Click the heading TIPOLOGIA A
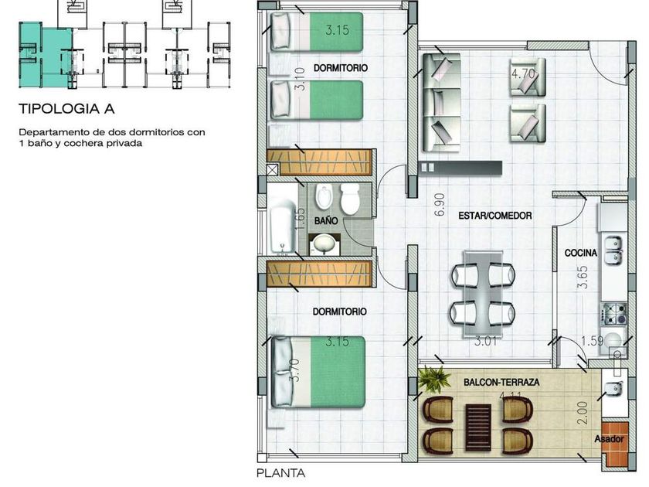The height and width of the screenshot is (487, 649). click(x=66, y=109)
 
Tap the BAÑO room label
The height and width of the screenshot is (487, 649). click(x=326, y=221)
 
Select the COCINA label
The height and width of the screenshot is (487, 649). click(x=581, y=253)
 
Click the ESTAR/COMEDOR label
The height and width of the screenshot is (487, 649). click(x=495, y=216)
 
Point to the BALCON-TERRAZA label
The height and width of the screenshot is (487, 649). click(x=501, y=382)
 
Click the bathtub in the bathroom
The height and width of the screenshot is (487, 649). click(x=283, y=226)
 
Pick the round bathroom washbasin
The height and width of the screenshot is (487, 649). click(x=324, y=244)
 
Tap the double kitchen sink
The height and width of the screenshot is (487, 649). click(x=614, y=250)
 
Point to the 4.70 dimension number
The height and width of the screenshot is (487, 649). click(x=524, y=73)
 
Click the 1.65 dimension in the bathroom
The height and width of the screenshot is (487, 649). click(x=301, y=219)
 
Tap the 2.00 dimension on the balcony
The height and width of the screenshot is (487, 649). click(x=583, y=413)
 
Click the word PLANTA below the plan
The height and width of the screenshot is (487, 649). click(x=280, y=473)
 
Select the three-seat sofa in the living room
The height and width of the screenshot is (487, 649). click(x=442, y=103)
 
